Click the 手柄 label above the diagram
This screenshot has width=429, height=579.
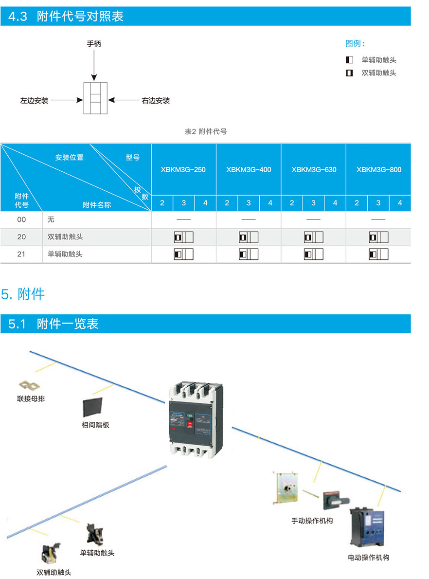94,44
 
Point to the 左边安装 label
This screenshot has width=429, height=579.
34,101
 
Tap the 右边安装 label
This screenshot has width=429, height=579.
156,101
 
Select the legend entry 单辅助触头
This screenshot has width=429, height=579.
378,60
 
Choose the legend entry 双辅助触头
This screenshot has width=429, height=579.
378,73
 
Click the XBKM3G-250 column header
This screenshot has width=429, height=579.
183,170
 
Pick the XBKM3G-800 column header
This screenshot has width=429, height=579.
378,170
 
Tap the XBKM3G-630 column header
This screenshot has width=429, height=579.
314,170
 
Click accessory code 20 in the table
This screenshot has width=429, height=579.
21,237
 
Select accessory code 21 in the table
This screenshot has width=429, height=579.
21,254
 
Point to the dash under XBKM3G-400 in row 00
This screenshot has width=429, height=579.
248,220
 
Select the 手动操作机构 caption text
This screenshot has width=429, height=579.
312,521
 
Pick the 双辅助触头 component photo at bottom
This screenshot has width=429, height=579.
51,554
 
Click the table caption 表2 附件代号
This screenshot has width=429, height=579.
206,131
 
